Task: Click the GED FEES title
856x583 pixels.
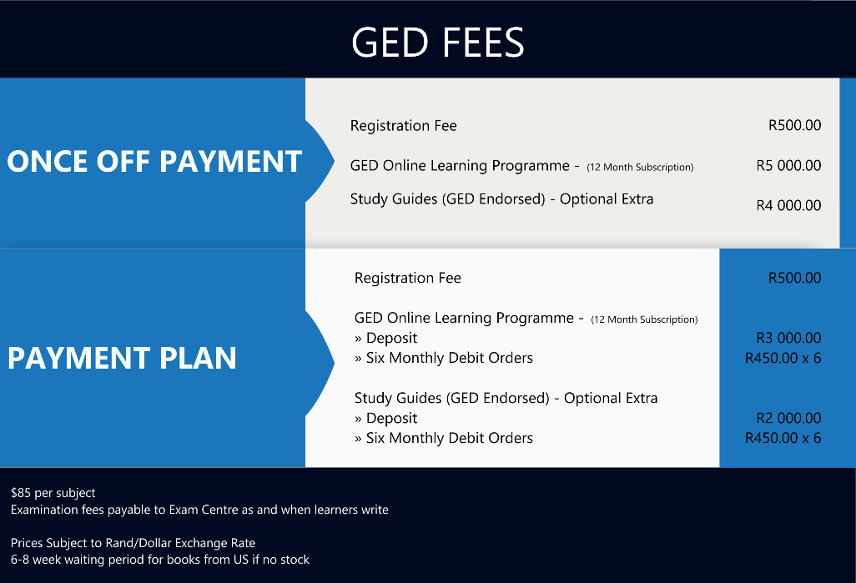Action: [x=438, y=42]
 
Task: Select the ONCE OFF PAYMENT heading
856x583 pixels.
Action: [x=154, y=162]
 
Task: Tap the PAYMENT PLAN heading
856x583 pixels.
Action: [x=122, y=358]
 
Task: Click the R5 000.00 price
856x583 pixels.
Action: [x=788, y=165]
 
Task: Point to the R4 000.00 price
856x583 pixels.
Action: [x=788, y=205]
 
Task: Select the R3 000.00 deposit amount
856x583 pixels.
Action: [x=788, y=338]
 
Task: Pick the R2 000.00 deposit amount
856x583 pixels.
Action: [x=788, y=418]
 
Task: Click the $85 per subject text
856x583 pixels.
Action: [x=53, y=493]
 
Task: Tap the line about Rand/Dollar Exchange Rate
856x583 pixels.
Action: [x=133, y=543]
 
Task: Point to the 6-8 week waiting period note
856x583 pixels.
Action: [x=160, y=560]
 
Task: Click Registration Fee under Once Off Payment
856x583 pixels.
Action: [x=404, y=126]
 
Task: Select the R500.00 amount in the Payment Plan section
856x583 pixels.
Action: [x=794, y=278]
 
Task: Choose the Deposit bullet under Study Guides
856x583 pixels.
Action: [x=386, y=418]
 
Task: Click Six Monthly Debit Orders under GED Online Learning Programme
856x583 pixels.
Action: [x=444, y=358]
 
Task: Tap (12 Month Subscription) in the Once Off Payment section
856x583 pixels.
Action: [x=640, y=167]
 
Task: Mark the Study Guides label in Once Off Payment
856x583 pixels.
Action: [x=501, y=199]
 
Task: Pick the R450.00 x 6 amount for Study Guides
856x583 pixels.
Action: [x=783, y=438]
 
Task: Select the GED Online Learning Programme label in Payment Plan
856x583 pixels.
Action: [x=464, y=319]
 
